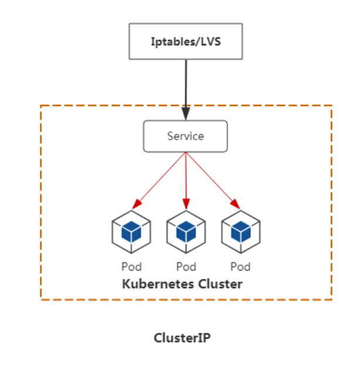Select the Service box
pyautogui.click(x=185, y=136)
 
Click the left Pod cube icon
pyautogui.click(x=131, y=232)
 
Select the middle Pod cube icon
pyautogui.click(x=186, y=232)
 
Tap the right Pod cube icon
pyautogui.click(x=240, y=232)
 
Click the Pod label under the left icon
pyautogui.click(x=131, y=267)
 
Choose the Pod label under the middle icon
pyautogui.click(x=186, y=267)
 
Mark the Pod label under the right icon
pyautogui.click(x=240, y=267)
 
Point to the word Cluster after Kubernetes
pyautogui.click(x=217, y=284)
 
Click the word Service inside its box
pyautogui.click(x=185, y=136)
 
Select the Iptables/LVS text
pyautogui.click(x=186, y=42)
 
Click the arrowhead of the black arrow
pyautogui.click(x=186, y=113)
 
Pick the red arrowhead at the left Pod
pyautogui.click(x=137, y=203)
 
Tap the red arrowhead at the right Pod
pyautogui.click(x=235, y=203)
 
